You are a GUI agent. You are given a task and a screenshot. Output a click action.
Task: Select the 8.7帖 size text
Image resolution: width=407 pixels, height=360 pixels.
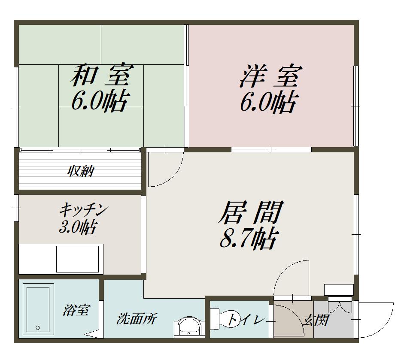249,239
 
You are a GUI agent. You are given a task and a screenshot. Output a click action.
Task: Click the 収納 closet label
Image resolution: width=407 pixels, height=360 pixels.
81,171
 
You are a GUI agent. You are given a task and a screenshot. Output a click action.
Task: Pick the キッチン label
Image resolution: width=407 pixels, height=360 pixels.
84,210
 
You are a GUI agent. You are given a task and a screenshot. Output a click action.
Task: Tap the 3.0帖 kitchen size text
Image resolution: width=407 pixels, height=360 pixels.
78,227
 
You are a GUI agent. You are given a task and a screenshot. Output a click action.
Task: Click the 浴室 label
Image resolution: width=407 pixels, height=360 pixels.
76,310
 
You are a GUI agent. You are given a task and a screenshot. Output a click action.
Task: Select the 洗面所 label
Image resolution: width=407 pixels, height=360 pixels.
137,319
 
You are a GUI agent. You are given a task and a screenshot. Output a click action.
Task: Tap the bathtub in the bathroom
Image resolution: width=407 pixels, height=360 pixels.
38,309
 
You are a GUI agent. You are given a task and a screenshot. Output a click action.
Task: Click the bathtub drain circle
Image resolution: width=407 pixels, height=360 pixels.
38,328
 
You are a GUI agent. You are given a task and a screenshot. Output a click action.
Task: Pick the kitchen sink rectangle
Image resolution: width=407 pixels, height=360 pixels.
77,259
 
